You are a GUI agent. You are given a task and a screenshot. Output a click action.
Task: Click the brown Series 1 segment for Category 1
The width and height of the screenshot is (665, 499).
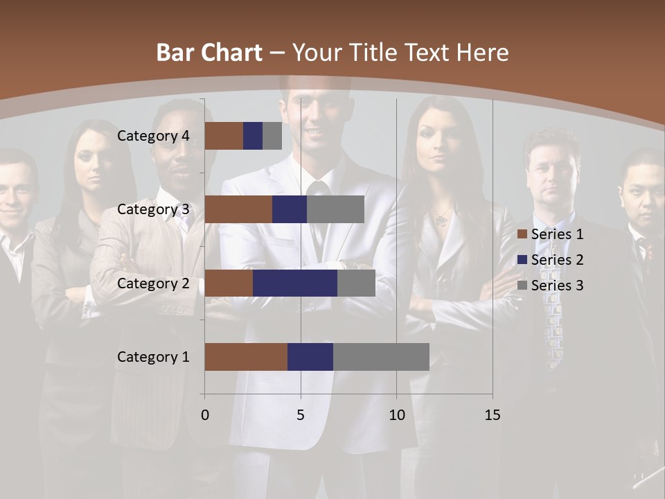tap(246, 357)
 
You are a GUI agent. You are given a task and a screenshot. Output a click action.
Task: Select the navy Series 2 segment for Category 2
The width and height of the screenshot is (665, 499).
tap(295, 283)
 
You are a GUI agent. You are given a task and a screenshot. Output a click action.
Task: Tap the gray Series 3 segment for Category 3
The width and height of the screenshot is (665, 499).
tap(335, 209)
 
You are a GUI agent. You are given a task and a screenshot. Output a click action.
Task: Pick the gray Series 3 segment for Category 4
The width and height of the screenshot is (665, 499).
tap(272, 136)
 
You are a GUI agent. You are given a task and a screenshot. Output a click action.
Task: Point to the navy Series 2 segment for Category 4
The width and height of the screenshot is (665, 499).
tap(253, 136)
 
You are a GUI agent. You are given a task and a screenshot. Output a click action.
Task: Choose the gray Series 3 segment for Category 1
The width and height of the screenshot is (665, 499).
tap(381, 357)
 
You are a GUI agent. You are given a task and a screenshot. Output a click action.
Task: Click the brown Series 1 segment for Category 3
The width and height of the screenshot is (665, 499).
tap(238, 209)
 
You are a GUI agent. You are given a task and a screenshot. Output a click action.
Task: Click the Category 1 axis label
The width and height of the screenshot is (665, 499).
tap(153, 357)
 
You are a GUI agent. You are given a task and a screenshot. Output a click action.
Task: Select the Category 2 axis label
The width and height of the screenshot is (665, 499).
tap(153, 283)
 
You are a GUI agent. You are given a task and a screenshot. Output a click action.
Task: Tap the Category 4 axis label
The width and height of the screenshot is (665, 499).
tap(153, 136)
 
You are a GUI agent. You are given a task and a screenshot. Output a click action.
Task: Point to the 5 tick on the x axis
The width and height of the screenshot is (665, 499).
tap(301, 415)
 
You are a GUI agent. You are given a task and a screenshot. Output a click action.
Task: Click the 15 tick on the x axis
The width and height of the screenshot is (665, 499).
tap(492, 415)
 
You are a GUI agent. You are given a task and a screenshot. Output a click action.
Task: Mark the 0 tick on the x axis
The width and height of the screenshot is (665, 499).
tap(205, 415)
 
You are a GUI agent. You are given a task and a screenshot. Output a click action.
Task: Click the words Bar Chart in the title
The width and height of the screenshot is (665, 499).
tap(209, 53)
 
